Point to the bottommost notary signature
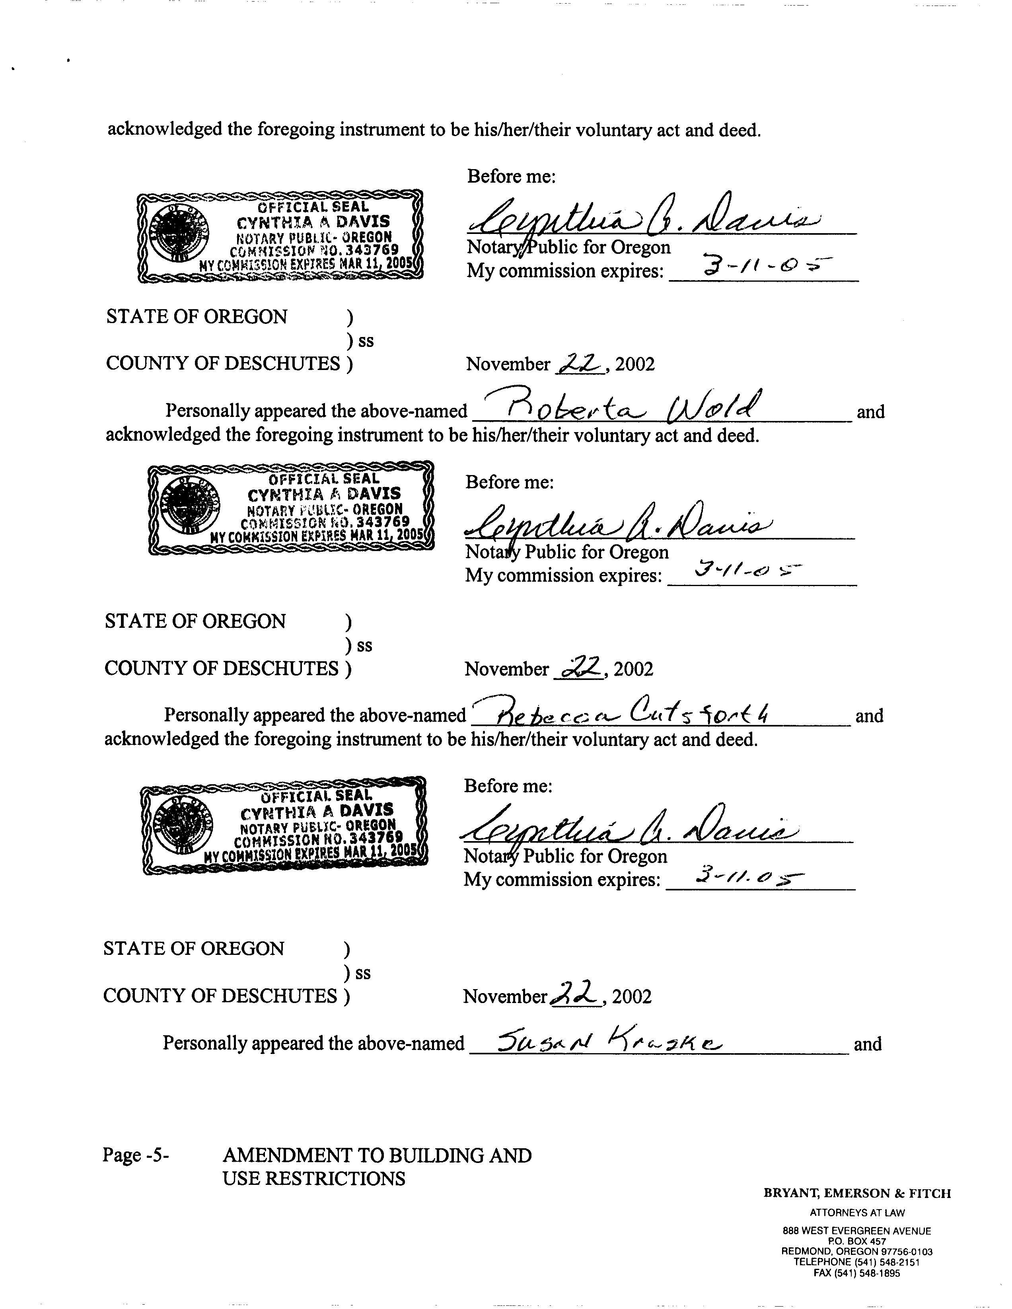pos(629,830)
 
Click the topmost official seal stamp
pos(280,236)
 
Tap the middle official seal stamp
pos(291,508)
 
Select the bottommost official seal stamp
pos(284,825)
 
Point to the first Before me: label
pos(511,176)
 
